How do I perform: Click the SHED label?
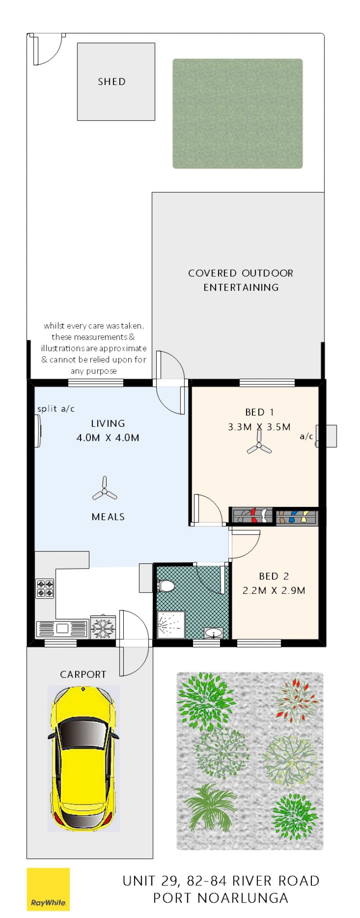pos(112,81)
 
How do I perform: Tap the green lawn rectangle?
pos(238,113)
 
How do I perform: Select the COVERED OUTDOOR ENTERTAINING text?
pos(241,280)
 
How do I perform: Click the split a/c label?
pos(56,409)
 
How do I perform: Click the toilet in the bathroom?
pos(165,586)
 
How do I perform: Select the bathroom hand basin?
pos(213,633)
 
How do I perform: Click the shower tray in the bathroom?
pos(171,624)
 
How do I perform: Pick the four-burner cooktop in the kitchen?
pos(45,588)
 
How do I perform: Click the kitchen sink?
pos(61,629)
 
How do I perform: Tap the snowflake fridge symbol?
pos(103,627)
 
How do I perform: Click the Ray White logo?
pos(48,889)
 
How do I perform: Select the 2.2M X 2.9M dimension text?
pos(274,590)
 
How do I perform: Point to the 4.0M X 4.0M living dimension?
pos(108,437)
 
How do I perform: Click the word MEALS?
pos(108,517)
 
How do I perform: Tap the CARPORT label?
pos(83,674)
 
